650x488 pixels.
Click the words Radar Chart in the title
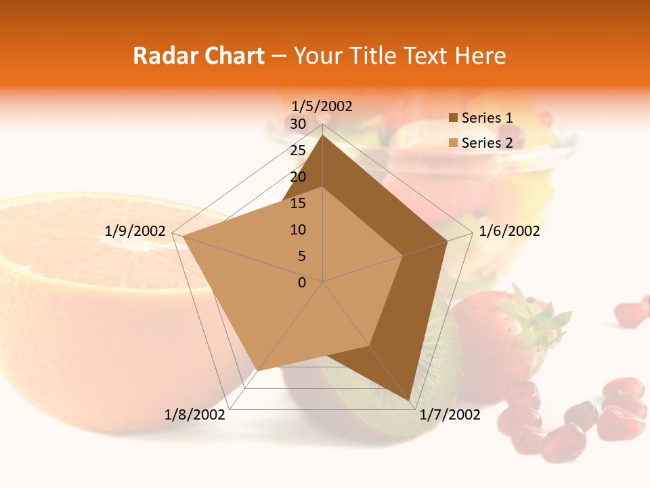click(198, 56)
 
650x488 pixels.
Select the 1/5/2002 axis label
click(322, 106)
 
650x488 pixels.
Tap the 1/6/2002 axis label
click(509, 231)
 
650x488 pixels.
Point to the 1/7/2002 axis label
click(450, 415)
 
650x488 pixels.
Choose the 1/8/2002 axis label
click(194, 415)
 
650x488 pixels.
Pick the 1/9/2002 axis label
click(135, 231)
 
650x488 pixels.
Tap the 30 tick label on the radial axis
click(298, 124)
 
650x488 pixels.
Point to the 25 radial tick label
click(298, 150)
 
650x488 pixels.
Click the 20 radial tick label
click(298, 177)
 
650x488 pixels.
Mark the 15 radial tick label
click(298, 203)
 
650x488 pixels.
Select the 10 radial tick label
click(298, 230)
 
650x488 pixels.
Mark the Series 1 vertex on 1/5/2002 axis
click(323, 135)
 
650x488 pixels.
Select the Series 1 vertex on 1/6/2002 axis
click(448, 241)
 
